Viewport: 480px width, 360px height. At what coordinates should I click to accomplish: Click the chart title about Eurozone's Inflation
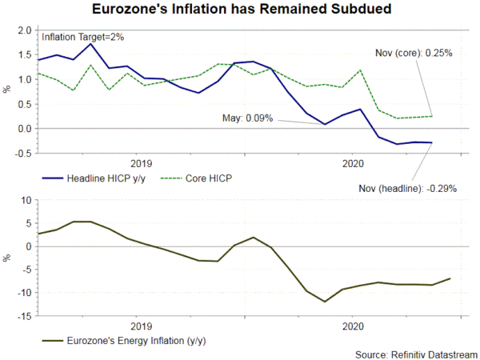point(239,10)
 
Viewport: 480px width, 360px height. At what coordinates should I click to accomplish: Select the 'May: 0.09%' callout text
point(247,118)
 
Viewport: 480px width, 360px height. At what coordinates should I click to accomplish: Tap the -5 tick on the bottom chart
point(25,270)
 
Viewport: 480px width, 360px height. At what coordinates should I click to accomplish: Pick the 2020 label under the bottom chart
point(354,326)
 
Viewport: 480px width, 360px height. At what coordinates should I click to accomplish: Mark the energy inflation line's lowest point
point(325,302)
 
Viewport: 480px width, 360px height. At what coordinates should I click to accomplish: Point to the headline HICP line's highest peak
point(90,43)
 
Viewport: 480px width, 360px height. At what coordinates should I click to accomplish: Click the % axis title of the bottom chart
point(6,258)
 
